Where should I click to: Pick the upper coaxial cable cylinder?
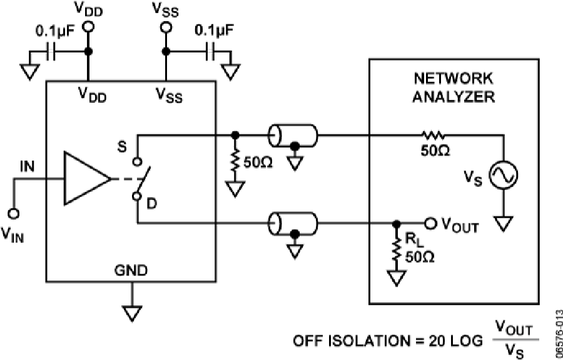[x=292, y=135]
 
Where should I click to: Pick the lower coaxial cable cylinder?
[x=292, y=222]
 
